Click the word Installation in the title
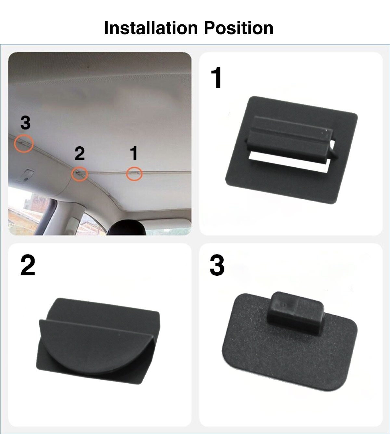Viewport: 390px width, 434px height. coord(151,28)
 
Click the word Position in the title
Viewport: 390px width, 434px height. coord(239,28)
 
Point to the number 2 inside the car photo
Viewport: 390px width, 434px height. coord(80,153)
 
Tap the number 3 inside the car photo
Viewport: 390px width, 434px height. coord(26,123)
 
